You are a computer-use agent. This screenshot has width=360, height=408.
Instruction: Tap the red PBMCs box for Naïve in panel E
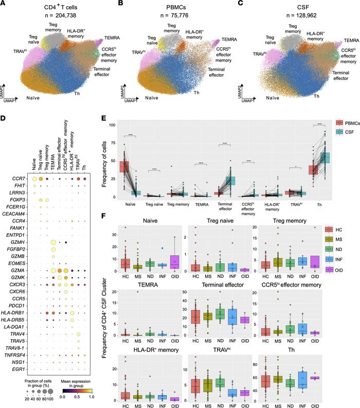[124, 166]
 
